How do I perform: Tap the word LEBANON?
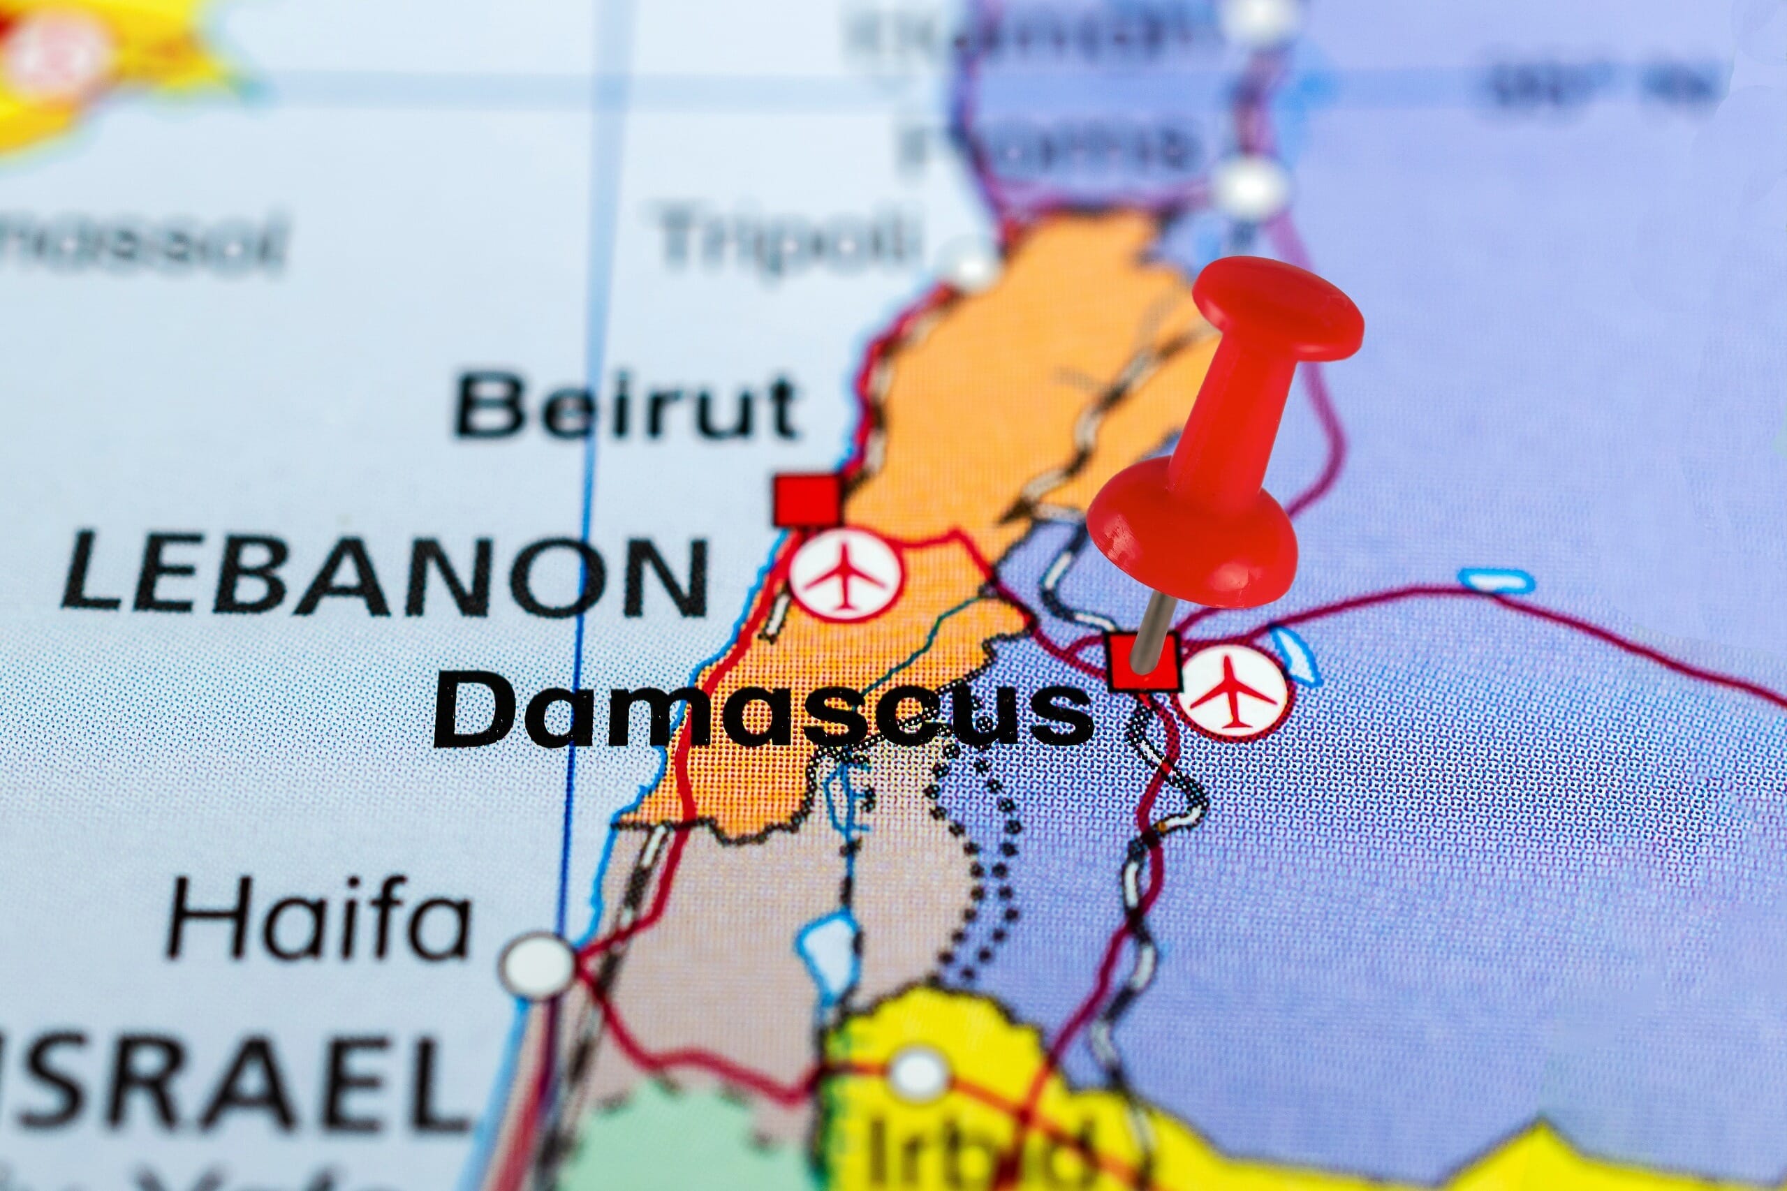(x=383, y=572)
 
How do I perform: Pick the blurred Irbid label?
(x=980, y=1155)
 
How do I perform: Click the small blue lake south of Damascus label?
(x=824, y=949)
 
